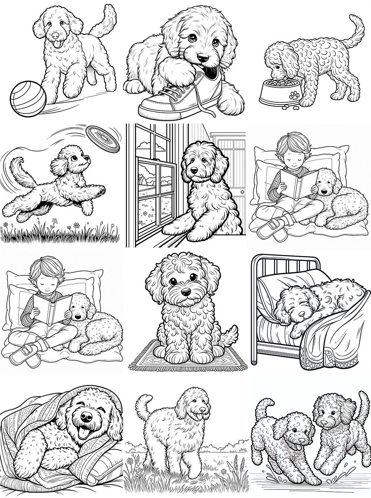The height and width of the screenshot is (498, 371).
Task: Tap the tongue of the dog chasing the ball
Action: [57, 44]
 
